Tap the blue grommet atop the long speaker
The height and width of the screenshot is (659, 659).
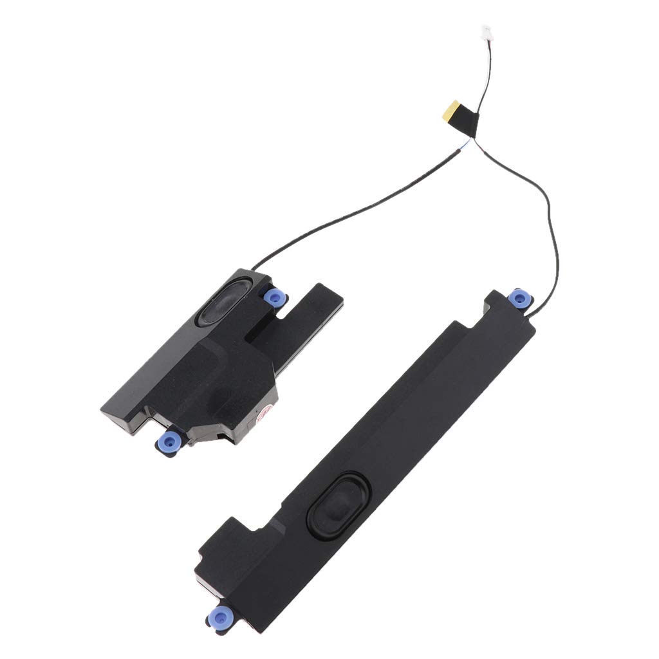(x=519, y=298)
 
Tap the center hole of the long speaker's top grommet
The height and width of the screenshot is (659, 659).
(x=519, y=298)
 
